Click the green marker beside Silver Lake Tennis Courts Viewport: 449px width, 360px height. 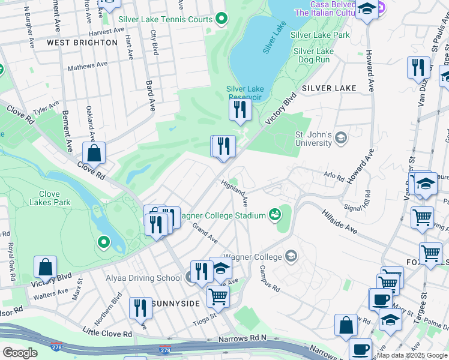click(x=221, y=19)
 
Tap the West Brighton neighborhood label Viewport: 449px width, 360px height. click(x=82, y=43)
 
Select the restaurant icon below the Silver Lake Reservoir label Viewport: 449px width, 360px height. click(x=239, y=109)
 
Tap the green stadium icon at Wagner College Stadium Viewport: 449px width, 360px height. click(x=275, y=214)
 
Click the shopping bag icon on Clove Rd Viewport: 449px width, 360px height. click(x=94, y=153)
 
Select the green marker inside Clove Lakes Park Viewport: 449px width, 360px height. click(x=104, y=242)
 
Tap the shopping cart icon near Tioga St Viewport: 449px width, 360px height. click(x=218, y=296)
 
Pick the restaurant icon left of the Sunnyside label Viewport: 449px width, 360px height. click(x=140, y=308)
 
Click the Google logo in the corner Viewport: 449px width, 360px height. click(x=19, y=353)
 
